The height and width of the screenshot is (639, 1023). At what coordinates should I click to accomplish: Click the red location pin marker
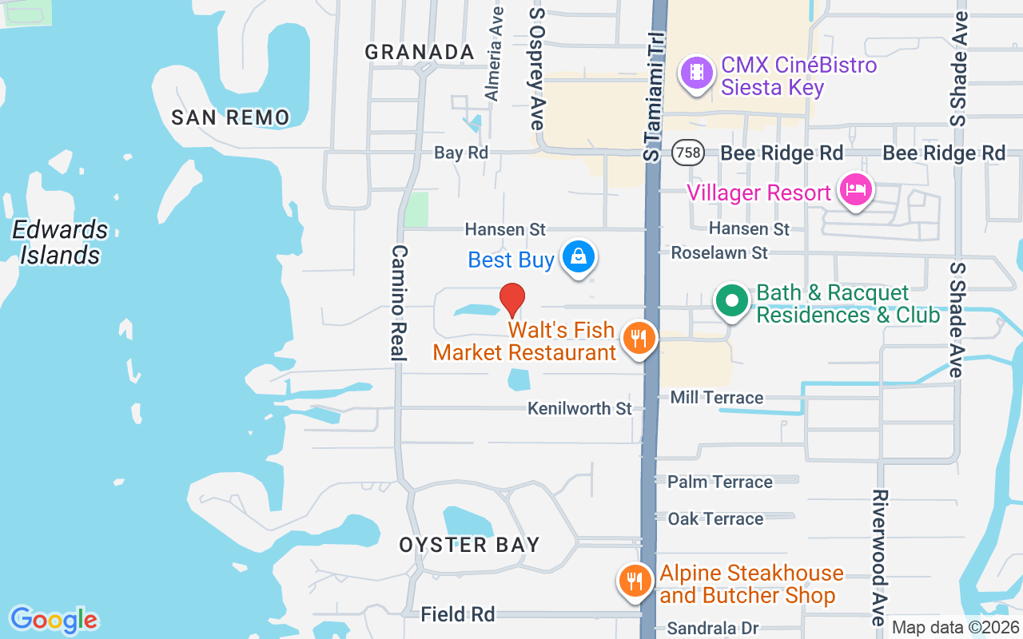[512, 300]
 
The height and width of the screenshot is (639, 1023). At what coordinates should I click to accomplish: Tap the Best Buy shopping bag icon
[579, 257]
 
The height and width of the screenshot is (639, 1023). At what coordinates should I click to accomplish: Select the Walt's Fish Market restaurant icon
[638, 338]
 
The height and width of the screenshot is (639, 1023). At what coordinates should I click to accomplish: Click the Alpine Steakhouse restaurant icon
[635, 581]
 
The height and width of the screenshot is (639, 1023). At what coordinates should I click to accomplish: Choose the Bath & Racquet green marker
[731, 302]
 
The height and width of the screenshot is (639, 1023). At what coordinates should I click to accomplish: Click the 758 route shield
[687, 153]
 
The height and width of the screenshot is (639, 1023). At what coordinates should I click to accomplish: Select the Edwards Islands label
[60, 242]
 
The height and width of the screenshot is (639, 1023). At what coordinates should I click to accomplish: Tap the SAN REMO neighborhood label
[230, 117]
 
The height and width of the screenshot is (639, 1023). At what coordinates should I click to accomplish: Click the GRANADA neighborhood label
[420, 52]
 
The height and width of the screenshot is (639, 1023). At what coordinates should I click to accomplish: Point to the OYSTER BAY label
[470, 545]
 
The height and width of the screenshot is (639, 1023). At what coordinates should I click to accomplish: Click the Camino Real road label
[399, 303]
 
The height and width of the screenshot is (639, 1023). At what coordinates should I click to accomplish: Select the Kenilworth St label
[579, 408]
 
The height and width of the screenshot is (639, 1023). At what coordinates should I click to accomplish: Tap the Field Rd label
[458, 613]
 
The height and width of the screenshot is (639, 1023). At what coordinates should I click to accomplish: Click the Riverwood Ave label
[878, 558]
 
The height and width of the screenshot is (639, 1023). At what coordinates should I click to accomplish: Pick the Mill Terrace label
[717, 397]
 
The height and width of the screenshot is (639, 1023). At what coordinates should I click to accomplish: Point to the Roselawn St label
[719, 252]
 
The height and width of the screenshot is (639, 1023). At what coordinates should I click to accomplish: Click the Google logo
[54, 620]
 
